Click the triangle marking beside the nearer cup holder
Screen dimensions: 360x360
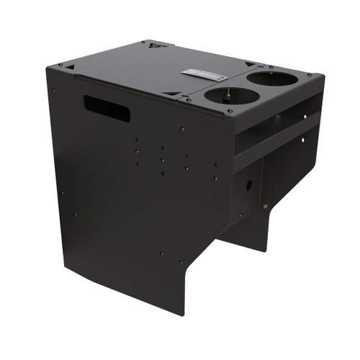(172, 93)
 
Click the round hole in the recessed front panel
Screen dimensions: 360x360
(249, 184)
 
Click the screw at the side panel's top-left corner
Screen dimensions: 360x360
(53, 91)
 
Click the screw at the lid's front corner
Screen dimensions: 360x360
(230, 112)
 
